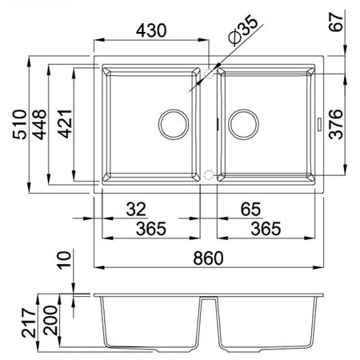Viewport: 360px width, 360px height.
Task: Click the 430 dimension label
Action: tap(151, 30)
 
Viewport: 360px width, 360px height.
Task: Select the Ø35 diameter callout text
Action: tap(243, 30)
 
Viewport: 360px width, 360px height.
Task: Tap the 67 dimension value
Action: tap(336, 22)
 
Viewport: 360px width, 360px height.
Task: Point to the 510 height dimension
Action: tap(20, 124)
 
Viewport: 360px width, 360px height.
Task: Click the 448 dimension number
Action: tap(39, 124)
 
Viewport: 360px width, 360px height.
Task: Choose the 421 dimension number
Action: tap(66, 124)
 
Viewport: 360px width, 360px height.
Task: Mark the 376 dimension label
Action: tap(336, 124)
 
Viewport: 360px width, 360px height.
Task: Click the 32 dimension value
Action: tap(136, 210)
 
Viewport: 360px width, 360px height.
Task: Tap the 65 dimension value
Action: tap(250, 210)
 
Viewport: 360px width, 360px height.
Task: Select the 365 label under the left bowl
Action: tap(151, 229)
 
